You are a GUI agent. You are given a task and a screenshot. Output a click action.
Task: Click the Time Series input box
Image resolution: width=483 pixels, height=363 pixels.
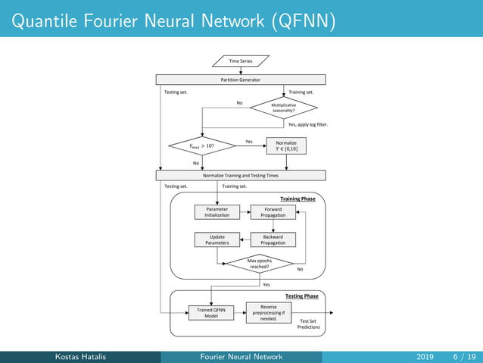tap(241, 60)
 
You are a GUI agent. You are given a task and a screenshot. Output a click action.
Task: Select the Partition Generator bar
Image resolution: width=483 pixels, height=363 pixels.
tap(241, 79)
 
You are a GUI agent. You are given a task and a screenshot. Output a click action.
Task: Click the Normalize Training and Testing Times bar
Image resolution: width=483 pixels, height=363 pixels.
tap(241, 175)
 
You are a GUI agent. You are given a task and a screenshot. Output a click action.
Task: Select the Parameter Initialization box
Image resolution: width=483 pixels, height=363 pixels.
tap(217, 211)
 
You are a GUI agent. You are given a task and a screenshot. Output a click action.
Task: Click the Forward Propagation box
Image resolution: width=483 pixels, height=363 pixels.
tap(273, 211)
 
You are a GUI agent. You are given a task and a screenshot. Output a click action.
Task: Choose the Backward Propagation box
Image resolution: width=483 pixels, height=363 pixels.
tap(273, 239)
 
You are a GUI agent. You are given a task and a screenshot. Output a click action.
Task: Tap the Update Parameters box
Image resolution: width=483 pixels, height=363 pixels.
tap(217, 239)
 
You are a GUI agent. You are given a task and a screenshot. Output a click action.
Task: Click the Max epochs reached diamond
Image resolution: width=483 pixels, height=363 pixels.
tap(260, 264)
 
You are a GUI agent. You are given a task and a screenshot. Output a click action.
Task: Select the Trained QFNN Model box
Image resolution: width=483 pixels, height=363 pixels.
tap(210, 313)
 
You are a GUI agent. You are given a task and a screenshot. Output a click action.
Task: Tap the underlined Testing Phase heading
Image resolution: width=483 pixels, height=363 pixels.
tap(301, 296)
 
